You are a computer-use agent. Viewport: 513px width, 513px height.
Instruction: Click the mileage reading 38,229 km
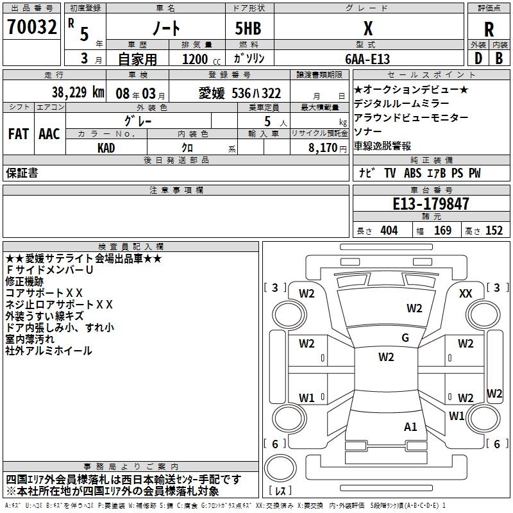[78, 92]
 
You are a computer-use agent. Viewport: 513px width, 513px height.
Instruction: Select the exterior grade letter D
[478, 58]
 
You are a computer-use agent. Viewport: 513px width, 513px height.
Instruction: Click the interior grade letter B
[499, 58]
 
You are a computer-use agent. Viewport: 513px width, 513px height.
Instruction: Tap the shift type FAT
[18, 134]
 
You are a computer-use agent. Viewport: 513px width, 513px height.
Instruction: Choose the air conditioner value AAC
[49, 134]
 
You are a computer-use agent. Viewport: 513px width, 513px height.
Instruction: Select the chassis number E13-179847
[430, 204]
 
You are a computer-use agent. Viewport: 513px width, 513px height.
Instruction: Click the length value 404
[389, 231]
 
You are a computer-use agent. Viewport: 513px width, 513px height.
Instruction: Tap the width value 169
[442, 231]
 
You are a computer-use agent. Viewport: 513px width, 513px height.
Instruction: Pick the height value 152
[494, 231]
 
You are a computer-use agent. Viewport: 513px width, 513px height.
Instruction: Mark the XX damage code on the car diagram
[466, 293]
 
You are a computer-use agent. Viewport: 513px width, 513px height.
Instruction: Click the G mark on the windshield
[405, 338]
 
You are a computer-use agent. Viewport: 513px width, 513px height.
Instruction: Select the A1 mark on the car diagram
[410, 426]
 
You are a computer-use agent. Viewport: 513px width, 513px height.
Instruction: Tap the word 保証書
[22, 172]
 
